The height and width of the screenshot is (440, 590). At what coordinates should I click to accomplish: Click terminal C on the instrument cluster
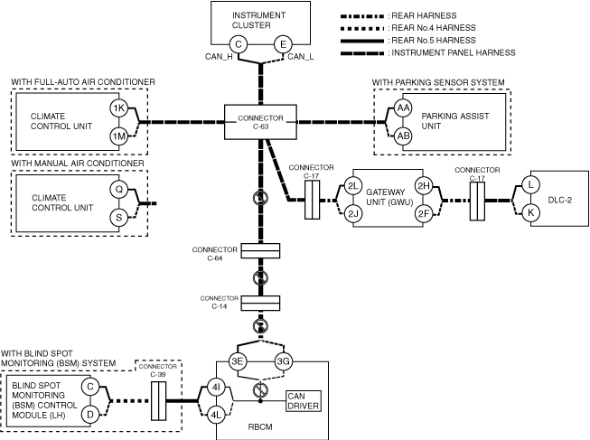coord(239,44)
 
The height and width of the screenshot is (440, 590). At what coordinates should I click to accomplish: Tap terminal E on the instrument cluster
coord(282,44)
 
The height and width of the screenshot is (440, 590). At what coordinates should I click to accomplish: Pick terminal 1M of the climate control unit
coord(118,136)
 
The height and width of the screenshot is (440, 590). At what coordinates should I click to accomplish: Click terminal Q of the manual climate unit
coord(118,190)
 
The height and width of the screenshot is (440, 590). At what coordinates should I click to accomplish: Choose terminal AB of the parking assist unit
coord(404,136)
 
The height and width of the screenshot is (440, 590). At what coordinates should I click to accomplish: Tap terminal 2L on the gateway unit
coord(353,186)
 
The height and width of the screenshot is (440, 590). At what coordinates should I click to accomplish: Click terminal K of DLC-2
coord(531,212)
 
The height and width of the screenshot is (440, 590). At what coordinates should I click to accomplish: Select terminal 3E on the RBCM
coord(239,362)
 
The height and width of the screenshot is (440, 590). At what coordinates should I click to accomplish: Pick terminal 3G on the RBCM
coord(282,362)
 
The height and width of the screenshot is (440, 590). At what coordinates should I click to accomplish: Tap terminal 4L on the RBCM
coord(216,415)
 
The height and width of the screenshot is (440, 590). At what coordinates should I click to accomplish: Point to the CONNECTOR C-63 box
coord(260,122)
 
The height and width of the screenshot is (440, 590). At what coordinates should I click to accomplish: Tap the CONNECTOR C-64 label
coord(214,253)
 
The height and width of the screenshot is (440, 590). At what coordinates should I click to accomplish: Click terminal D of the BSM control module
coord(89,414)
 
